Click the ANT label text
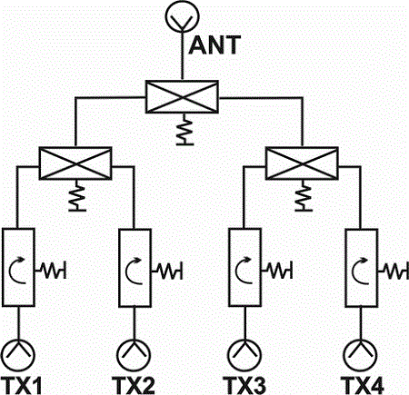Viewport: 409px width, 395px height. tap(214, 45)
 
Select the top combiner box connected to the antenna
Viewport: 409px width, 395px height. tap(182, 97)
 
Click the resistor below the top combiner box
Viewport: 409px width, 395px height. tap(185, 132)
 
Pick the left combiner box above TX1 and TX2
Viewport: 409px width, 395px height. tap(75, 163)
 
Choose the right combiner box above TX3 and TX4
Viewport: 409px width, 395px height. tap(302, 163)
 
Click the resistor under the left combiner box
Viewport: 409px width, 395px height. tap(77, 198)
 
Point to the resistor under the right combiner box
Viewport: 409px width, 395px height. tap(304, 198)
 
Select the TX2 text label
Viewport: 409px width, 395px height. tap(134, 386)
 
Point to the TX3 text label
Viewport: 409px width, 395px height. tap(244, 386)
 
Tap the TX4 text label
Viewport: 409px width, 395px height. tap(363, 386)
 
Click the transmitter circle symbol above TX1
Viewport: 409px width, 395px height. tap(18, 341)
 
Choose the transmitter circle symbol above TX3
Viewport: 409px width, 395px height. tap(244, 341)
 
